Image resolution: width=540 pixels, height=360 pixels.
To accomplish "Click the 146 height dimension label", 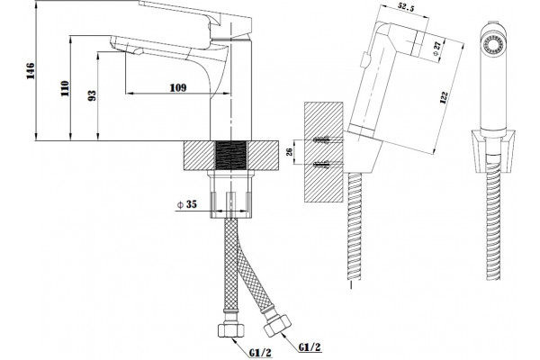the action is click(31, 71).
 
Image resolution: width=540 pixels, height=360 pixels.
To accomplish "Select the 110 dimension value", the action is click(65, 88).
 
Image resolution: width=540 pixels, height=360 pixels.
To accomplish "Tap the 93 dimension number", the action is click(92, 95).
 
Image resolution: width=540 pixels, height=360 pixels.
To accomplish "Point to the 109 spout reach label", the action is click(178, 88).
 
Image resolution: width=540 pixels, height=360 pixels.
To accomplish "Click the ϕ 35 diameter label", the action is click(187, 204).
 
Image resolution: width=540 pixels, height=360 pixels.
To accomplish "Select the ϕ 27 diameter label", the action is click(437, 49).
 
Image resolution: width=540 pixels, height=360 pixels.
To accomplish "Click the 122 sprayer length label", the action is click(444, 97).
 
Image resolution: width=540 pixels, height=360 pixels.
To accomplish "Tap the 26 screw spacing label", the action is click(289, 151).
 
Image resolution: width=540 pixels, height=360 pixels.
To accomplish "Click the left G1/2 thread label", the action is click(260, 353).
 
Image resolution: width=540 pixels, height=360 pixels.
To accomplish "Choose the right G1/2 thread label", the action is click(310, 347).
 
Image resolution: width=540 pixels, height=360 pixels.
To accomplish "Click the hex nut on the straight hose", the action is click(230, 329).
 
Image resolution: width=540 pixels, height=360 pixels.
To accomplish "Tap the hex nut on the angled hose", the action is click(277, 325).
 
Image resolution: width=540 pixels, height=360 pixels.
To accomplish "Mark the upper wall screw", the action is click(321, 139).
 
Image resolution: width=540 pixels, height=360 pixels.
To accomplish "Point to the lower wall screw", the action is click(321, 165).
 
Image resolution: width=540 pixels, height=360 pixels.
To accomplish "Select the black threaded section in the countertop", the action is click(231, 156).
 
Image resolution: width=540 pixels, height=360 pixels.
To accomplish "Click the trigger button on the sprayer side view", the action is click(364, 60).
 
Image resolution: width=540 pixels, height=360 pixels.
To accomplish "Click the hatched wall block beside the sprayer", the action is click(324, 152).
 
